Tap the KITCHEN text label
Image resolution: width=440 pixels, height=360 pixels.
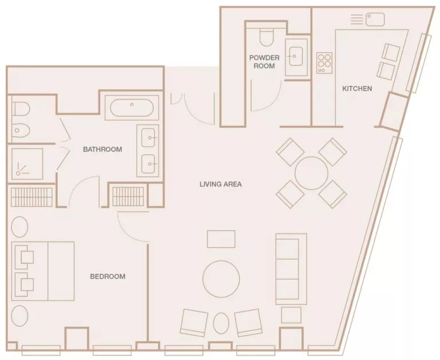pyautogui.click(x=357, y=89)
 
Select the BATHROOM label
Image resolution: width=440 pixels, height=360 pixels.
pyautogui.click(x=103, y=150)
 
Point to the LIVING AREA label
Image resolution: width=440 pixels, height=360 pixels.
pyautogui.click(x=221, y=184)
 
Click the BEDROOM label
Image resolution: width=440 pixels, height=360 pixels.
pyautogui.click(x=107, y=276)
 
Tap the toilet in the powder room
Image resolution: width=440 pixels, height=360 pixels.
pyautogui.click(x=266, y=37)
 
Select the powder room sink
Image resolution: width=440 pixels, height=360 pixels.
pyautogui.click(x=296, y=56)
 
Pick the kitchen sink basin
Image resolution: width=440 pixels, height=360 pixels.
pyautogui.click(x=376, y=19)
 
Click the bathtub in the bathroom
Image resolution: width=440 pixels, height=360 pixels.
pyautogui.click(x=132, y=107)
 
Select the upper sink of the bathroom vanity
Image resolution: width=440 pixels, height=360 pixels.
pyautogui.click(x=148, y=138)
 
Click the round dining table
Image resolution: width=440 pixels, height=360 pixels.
pyautogui.click(x=311, y=172)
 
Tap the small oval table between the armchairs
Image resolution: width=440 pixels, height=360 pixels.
pyautogui.click(x=221, y=323)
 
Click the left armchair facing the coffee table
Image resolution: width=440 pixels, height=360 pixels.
pyautogui.click(x=194, y=323)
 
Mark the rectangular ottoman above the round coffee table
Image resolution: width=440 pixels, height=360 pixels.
pyautogui.click(x=221, y=239)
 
